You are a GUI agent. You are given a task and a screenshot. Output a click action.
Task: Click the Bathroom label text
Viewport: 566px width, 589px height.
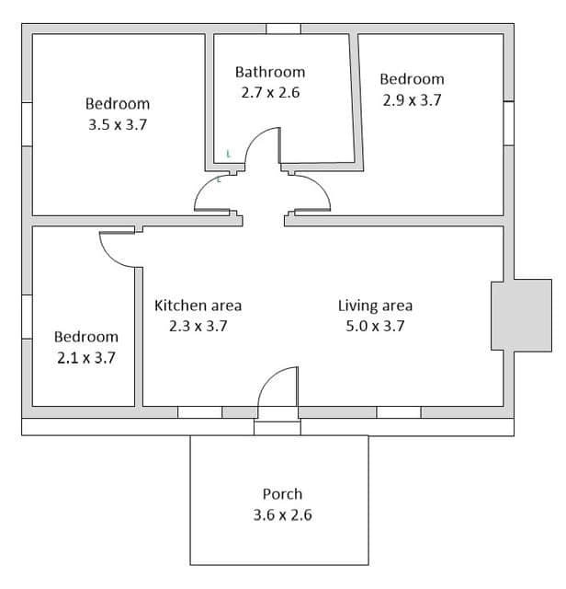[270, 72]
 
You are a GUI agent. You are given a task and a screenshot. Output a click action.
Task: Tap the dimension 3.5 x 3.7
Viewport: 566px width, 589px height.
[118, 125]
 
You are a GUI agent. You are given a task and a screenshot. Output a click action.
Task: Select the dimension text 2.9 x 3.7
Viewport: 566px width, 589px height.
[412, 100]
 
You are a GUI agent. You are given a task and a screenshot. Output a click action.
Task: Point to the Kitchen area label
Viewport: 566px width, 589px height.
[198, 306]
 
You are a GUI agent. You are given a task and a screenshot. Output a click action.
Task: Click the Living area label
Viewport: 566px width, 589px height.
[375, 306]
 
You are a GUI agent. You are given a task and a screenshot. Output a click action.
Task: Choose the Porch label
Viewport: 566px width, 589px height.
[282, 494]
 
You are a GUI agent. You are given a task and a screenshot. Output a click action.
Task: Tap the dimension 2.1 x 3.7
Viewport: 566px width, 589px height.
[86, 358]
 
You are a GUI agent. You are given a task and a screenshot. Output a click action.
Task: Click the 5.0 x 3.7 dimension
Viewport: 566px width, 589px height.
[375, 326]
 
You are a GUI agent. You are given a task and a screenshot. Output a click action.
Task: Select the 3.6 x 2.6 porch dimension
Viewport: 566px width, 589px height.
[282, 514]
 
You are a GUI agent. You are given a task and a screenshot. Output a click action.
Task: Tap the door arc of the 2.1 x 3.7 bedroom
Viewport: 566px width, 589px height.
[109, 258]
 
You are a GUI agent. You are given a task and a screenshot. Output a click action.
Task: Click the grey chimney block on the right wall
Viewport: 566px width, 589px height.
[521, 315]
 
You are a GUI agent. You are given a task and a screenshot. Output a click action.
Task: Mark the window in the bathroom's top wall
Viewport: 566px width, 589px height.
[284, 29]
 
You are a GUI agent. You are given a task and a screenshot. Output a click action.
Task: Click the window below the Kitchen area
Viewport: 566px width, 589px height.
[200, 412]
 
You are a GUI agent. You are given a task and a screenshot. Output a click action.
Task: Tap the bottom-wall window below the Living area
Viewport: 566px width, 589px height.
[399, 412]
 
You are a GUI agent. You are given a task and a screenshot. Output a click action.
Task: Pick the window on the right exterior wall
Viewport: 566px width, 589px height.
[509, 123]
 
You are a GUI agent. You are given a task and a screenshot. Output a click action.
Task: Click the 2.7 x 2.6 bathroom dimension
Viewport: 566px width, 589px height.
[270, 93]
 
